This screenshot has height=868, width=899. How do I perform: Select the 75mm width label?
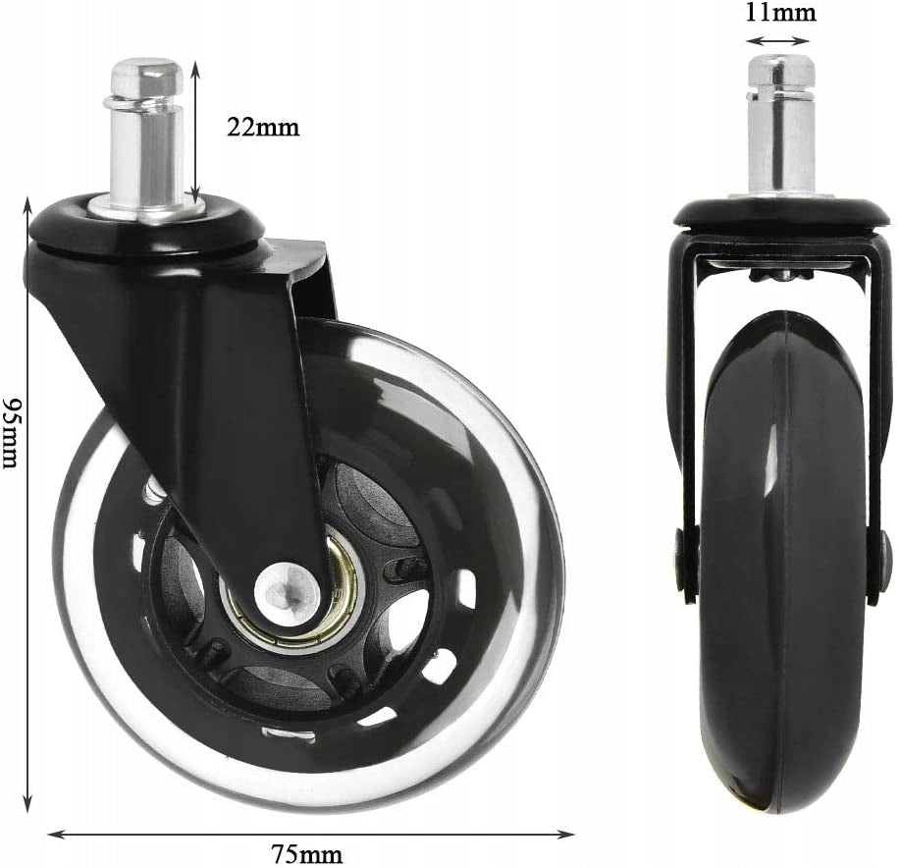[x=309, y=852]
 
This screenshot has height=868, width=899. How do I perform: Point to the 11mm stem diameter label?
[x=781, y=13]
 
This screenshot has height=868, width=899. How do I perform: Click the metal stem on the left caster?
[x=146, y=147]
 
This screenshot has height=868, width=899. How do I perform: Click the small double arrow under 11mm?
[x=777, y=41]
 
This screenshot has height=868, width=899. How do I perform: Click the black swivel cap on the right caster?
[x=781, y=212]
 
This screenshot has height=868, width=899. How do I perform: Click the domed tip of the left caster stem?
[x=146, y=77]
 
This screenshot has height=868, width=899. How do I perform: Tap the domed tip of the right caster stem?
[x=781, y=70]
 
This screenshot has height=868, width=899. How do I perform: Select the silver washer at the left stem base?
[x=147, y=208]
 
